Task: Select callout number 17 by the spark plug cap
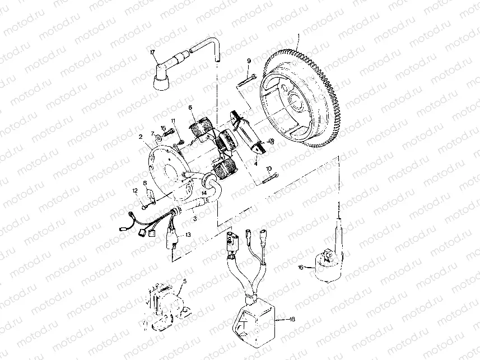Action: click(152, 53)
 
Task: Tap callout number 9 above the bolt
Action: click(248, 60)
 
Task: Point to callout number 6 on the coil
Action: click(190, 107)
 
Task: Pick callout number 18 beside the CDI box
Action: click(291, 319)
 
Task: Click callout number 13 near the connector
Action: click(188, 235)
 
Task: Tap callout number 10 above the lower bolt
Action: click(269, 169)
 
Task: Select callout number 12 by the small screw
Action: click(135, 191)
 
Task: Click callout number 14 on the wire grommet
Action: click(204, 192)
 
